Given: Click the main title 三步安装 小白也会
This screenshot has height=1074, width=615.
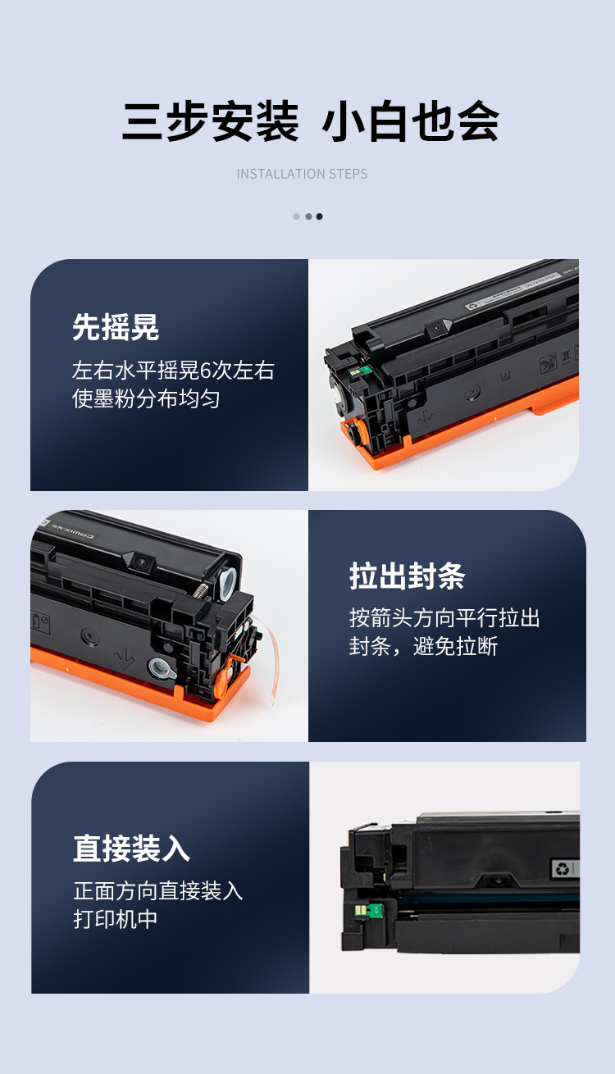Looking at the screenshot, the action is (311, 121).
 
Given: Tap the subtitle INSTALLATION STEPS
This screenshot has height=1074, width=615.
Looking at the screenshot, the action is (303, 174).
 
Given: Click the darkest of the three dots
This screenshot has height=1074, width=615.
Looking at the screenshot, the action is (320, 216).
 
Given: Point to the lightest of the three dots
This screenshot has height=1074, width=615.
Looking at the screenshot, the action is (297, 216).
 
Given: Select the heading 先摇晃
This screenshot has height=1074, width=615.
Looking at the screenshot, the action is (116, 327).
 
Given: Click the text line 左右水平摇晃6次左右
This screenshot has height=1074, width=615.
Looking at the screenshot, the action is (173, 370).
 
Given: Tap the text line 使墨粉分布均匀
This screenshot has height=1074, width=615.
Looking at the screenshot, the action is (146, 398).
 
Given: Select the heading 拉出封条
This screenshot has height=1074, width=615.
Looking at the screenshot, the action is (408, 576).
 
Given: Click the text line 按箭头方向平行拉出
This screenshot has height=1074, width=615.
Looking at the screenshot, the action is (444, 617).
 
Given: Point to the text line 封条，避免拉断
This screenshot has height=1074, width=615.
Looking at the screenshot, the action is (424, 646).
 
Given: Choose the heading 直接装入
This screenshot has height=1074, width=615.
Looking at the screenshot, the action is (132, 849).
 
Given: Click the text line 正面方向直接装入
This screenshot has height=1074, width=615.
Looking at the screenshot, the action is (158, 891).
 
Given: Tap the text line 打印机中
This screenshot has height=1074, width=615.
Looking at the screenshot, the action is (116, 919).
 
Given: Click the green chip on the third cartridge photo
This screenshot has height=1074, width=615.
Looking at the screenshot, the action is (368, 909).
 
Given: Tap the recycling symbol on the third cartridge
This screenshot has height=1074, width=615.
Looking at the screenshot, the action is (563, 868).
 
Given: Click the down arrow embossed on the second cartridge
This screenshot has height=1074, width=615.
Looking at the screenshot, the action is (125, 658).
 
